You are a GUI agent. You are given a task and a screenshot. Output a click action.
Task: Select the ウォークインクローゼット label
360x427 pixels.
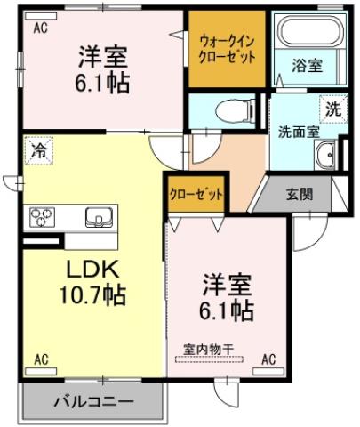[x=228, y=47]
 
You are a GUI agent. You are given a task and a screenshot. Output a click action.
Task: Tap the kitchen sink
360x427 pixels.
[x=97, y=215]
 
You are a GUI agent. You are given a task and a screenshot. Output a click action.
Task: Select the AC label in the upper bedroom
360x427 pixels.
[x=40, y=28]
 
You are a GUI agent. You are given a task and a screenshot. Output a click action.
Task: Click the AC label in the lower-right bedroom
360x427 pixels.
[x=268, y=359]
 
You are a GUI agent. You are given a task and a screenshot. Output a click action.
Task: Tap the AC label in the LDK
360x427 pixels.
[x=40, y=360]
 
